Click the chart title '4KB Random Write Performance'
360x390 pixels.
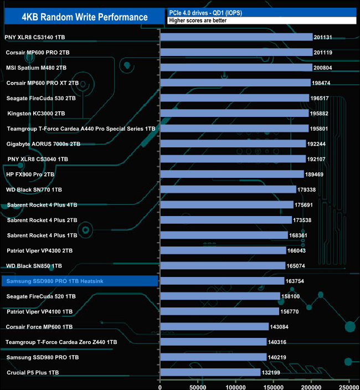tap(85, 17)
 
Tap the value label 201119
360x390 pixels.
tap(325, 53)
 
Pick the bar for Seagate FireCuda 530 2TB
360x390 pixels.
tap(234, 98)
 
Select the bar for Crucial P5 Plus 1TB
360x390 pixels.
tap(210, 373)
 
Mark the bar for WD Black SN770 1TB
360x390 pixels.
tap(228, 189)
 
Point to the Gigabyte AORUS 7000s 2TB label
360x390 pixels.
tap(43, 143)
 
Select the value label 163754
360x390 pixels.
tap(297, 281)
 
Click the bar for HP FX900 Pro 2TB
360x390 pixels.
tap(232, 174)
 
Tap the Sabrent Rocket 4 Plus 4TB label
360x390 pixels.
tap(42, 204)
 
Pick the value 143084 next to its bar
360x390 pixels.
tap(281, 327)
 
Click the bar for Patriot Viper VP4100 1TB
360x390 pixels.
tap(219, 311)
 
